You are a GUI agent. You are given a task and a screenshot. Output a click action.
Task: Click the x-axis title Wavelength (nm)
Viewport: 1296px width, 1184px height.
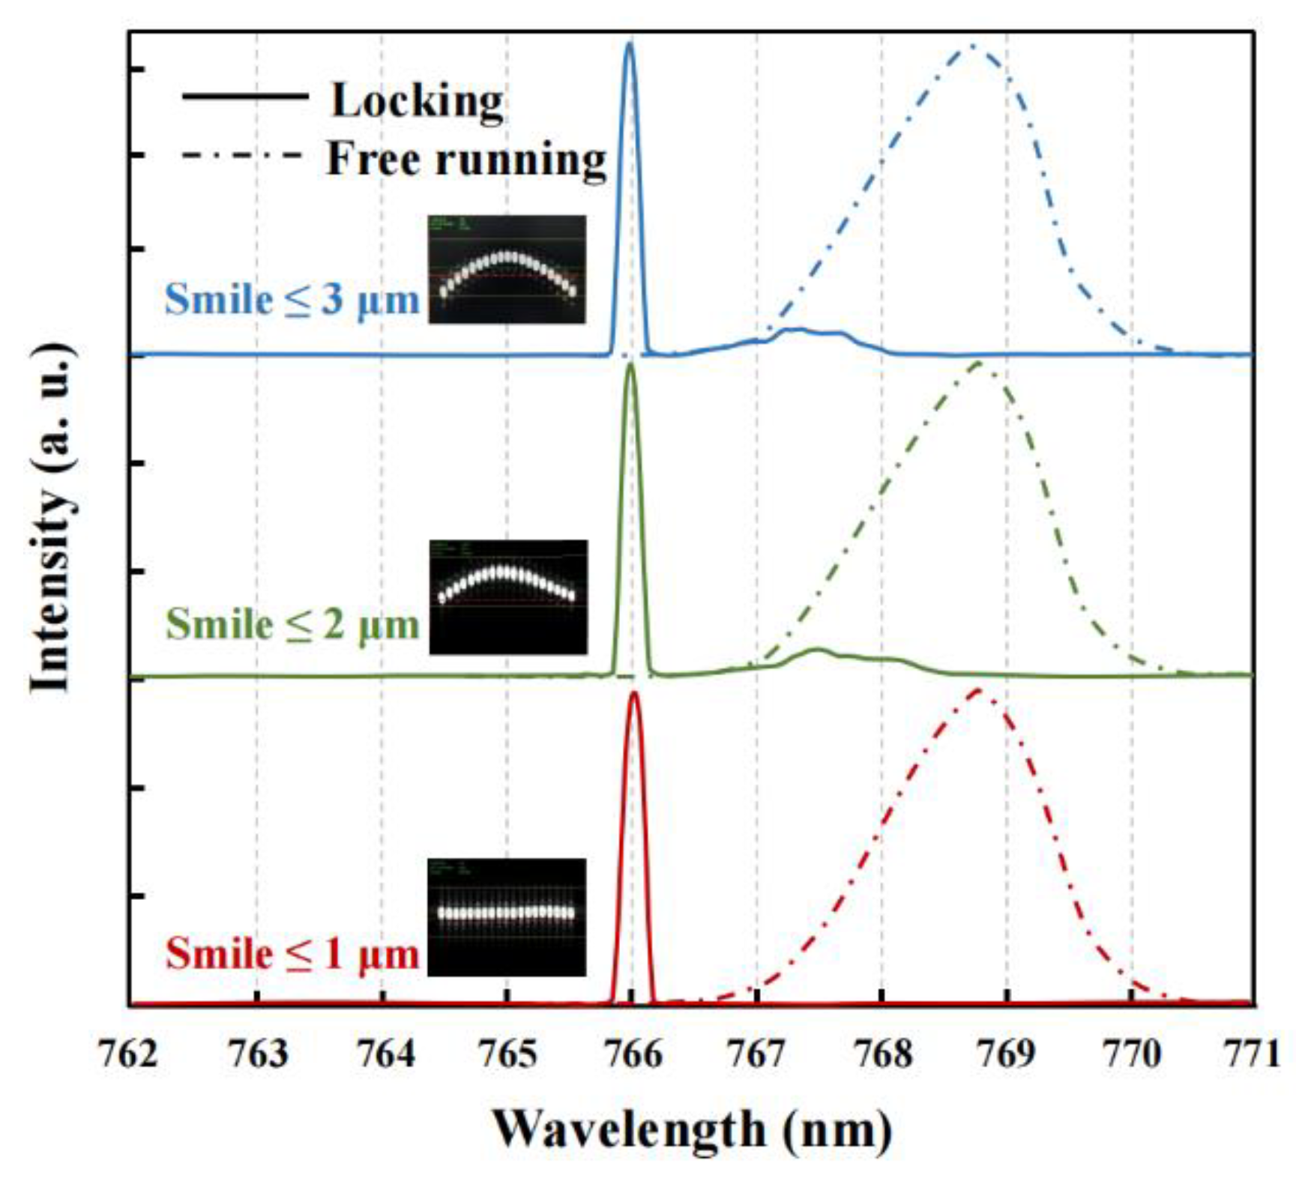[691, 1130]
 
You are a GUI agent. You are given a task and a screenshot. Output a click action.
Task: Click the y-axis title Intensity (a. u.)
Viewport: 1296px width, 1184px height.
[52, 517]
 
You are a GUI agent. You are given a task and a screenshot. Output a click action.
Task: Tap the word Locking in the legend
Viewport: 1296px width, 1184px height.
[418, 101]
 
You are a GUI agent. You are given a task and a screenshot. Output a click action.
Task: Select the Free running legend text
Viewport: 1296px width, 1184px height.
[466, 159]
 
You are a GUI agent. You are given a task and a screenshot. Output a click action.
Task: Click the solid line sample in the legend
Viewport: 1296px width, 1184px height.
[245, 96]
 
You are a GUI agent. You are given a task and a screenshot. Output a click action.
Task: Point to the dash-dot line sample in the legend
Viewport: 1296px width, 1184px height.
[242, 155]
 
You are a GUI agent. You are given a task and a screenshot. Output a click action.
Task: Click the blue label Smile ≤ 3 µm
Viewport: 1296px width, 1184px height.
[292, 300]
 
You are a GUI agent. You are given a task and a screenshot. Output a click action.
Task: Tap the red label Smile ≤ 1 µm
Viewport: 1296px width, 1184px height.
[292, 954]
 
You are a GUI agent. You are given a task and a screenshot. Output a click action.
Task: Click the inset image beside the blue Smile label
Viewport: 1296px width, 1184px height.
[507, 270]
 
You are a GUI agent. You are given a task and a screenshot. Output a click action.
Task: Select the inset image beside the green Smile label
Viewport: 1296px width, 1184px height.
[507, 596]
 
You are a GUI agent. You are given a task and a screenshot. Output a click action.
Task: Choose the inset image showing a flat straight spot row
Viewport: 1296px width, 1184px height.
[507, 917]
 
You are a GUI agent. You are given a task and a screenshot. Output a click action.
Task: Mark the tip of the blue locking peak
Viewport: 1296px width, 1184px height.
[630, 44]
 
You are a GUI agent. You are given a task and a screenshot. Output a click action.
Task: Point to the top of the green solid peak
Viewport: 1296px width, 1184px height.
[630, 365]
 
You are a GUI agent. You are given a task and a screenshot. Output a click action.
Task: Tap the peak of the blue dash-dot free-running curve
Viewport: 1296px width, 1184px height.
[971, 46]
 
